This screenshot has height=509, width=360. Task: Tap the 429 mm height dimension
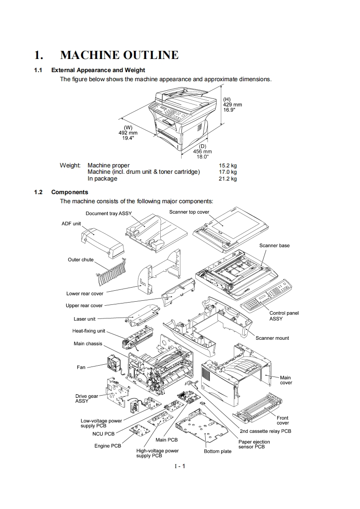coord(232,105)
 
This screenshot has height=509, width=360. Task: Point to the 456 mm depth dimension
coord(202,152)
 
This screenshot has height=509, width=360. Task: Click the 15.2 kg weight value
coord(227,166)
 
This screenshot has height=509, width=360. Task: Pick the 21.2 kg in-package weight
coord(227,179)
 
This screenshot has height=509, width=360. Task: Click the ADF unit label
coord(71,224)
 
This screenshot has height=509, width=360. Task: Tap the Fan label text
coord(81,367)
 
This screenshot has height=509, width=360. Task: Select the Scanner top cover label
coord(189,212)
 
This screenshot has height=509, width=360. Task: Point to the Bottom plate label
coord(217,451)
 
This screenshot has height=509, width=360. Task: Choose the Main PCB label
coord(167,440)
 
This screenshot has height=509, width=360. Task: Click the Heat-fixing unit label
coord(89,331)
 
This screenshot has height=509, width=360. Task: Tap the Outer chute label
coord(81,260)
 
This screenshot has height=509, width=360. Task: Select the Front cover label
coord(282,420)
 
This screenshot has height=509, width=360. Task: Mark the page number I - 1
coord(180,466)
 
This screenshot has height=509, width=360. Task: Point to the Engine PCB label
coord(108,446)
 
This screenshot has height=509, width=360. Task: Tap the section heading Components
coord(69,192)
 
